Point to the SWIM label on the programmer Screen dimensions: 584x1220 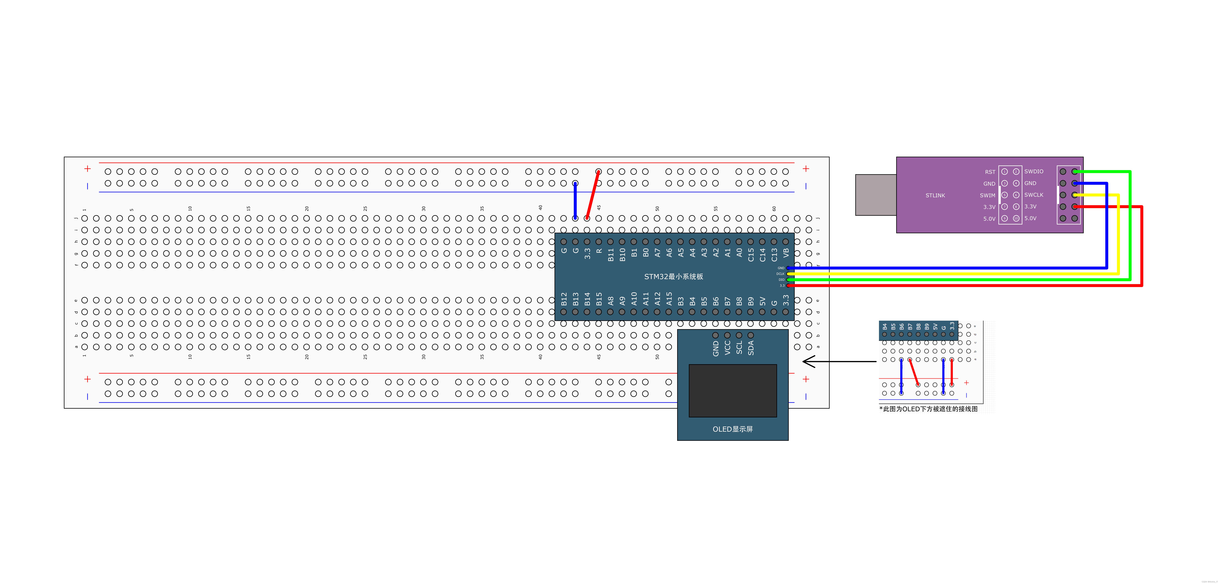tap(987, 195)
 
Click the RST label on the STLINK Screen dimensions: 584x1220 tap(990, 172)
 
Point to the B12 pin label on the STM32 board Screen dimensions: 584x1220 tap(564, 299)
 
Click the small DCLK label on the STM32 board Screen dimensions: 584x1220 tap(780, 274)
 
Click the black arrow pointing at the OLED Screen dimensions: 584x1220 tap(838, 362)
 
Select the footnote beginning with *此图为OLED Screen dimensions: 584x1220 tap(928, 409)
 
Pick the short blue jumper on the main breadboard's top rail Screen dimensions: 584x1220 tap(575, 201)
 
